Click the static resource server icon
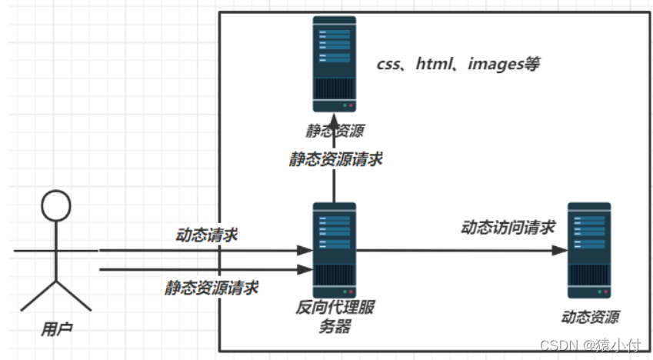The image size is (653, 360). (335, 65)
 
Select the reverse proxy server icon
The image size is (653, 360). (335, 250)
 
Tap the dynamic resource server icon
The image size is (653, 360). (589, 250)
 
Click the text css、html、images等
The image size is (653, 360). (458, 64)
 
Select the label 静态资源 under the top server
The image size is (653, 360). (335, 132)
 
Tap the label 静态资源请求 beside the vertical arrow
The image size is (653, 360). (335, 159)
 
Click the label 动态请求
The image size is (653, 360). (207, 235)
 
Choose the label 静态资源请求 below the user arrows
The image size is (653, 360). (212, 288)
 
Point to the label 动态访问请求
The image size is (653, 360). (508, 227)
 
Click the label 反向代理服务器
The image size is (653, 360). (335, 317)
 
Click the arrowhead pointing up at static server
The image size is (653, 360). (335, 121)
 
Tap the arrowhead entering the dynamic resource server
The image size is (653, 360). (561, 250)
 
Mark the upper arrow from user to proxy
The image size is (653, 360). (200, 250)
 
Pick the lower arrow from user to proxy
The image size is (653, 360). (200, 269)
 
